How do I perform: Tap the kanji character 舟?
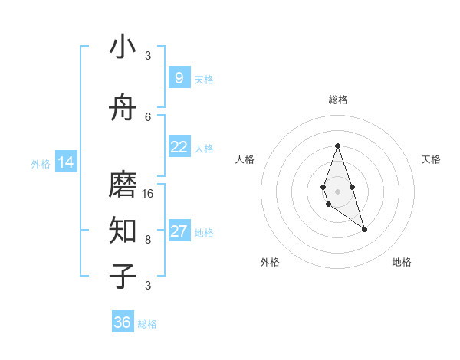[123, 109]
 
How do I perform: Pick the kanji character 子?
[123, 276]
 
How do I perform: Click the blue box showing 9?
[179, 78]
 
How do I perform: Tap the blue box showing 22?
[179, 147]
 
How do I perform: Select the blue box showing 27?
[179, 231]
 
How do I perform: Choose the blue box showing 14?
[66, 162]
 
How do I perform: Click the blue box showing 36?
[123, 322]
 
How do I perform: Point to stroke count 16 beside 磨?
[148, 194]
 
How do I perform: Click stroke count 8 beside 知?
[148, 239]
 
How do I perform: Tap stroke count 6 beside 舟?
[148, 116]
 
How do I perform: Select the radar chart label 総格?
[337, 100]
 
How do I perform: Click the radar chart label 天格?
[431, 159]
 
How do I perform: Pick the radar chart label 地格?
[402, 262]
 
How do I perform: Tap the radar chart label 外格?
[270, 262]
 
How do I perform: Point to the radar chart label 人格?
[245, 159]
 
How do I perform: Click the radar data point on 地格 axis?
[364, 229]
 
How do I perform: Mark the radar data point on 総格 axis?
[337, 146]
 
